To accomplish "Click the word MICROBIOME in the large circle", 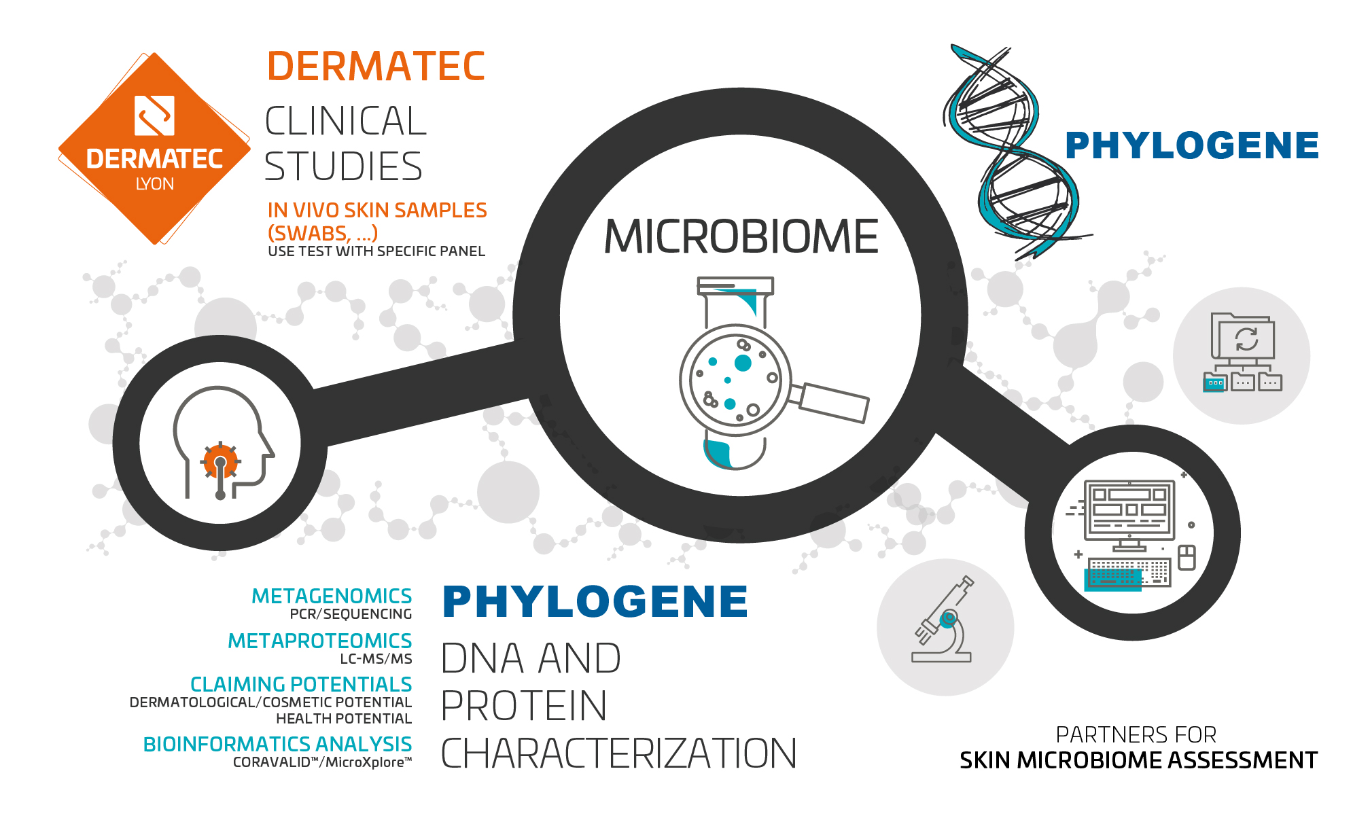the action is (741, 236).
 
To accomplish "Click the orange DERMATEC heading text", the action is (376, 67).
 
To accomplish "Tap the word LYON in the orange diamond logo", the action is (155, 184).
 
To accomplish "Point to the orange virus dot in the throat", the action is (220, 463).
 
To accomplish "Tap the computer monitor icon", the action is (1129, 515).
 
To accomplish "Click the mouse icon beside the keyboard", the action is (1187, 557).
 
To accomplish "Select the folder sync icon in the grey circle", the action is (1242, 353).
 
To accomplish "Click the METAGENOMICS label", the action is (332, 596).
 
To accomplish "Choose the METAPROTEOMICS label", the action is (319, 641).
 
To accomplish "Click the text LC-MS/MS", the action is (376, 658).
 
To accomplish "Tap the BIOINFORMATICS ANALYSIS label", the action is (277, 744).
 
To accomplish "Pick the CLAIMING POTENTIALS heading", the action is (301, 684).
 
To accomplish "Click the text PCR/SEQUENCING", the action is (351, 614).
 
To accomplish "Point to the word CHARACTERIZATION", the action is (618, 753).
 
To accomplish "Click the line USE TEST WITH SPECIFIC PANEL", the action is (376, 251).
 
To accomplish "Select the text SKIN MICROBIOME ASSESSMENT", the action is (1138, 760).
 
